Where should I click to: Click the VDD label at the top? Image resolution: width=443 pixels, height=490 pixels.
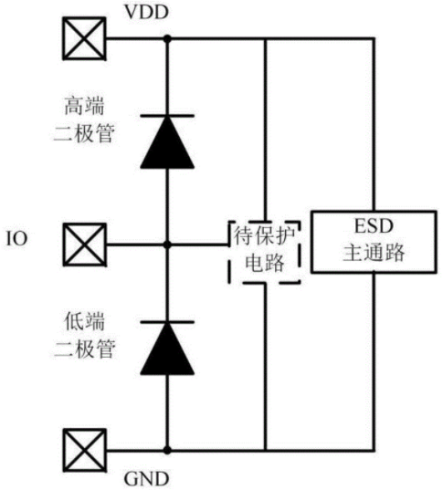click(146, 12)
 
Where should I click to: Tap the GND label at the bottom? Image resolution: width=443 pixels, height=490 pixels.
click(146, 479)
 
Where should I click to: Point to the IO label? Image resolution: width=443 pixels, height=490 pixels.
click(16, 239)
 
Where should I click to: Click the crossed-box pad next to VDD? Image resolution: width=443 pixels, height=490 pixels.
click(84, 38)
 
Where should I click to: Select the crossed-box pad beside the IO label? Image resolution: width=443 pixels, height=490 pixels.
click(84, 245)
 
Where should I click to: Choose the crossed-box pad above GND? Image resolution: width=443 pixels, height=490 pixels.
click(84, 451)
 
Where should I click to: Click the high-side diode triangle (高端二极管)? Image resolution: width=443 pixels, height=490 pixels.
click(167, 142)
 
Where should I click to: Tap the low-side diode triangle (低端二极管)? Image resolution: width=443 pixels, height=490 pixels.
click(167, 349)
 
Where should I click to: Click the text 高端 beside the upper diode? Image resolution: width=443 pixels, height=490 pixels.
click(84, 106)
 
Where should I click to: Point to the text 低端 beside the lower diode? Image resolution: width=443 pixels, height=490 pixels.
click(84, 321)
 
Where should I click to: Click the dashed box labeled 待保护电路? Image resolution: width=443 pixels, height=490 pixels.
click(229, 252)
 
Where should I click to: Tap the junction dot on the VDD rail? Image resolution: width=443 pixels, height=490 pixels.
click(167, 38)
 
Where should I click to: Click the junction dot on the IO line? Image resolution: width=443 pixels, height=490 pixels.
click(167, 245)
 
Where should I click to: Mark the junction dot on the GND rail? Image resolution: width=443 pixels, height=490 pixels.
click(167, 451)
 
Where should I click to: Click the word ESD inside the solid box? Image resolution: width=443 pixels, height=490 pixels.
click(374, 226)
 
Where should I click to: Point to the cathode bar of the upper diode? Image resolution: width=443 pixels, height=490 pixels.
click(167, 116)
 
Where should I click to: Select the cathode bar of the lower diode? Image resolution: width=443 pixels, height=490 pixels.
click(167, 322)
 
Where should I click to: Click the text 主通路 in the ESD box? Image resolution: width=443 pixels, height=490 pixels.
click(374, 253)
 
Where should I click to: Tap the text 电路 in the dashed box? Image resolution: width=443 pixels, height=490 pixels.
click(265, 262)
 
